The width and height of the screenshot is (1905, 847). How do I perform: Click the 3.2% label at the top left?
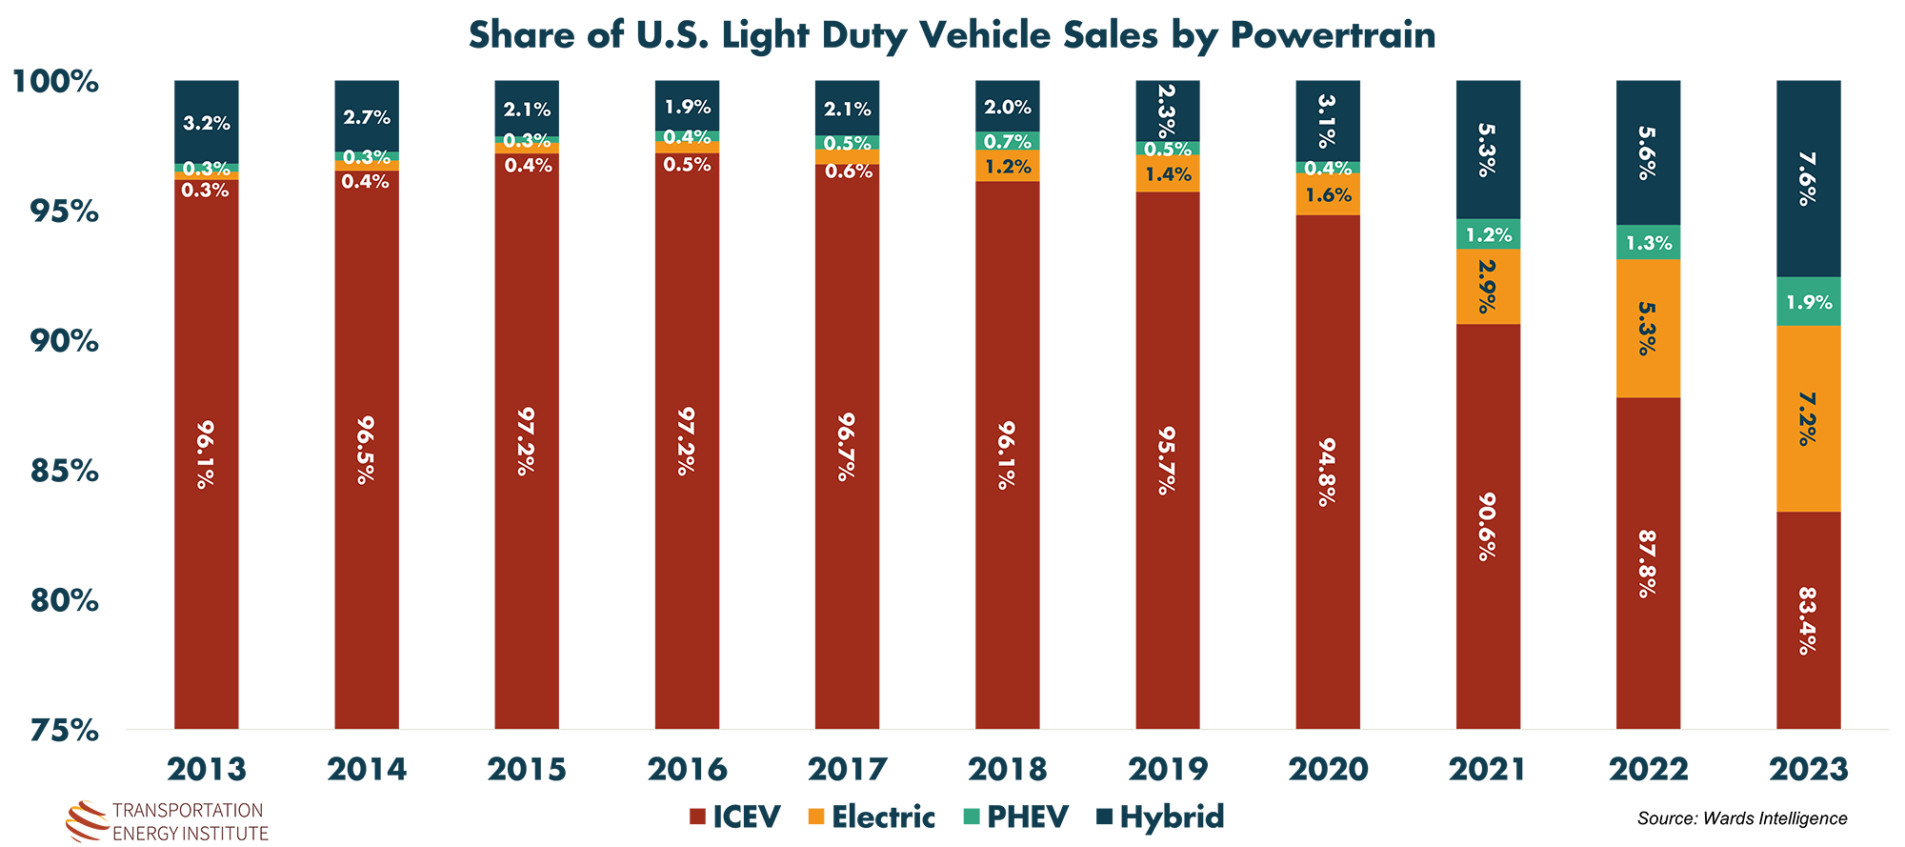tap(207, 123)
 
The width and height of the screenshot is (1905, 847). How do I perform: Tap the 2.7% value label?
tap(367, 117)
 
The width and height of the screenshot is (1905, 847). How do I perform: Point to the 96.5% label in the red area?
tap(365, 450)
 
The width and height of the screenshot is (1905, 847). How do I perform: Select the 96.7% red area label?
tap(846, 446)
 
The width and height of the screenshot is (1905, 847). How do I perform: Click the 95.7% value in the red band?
tap(1166, 461)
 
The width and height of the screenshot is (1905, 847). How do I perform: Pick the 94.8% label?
tap(1327, 472)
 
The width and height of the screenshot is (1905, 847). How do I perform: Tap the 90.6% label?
tap(1487, 526)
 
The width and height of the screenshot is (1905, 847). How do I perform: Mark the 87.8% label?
tap(1647, 564)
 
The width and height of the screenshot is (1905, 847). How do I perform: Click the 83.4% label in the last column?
tap(1807, 620)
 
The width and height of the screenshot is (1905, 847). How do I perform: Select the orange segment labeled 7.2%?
tap(1807, 418)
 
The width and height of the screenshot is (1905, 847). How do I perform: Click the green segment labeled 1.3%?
tap(1649, 243)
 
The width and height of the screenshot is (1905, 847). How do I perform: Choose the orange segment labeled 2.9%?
tap(1487, 286)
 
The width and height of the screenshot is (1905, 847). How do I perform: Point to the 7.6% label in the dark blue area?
tap(1807, 178)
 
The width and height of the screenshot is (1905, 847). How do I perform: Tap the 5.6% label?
tap(1647, 152)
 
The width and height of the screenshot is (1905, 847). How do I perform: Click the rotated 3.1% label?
tap(1327, 121)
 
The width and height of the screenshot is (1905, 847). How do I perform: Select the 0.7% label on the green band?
tap(1008, 142)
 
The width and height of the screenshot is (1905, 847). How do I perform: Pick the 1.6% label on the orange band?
tap(1328, 195)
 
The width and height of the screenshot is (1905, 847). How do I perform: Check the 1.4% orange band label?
tap(1168, 174)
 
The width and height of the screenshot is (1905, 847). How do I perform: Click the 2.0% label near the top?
tap(1008, 108)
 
